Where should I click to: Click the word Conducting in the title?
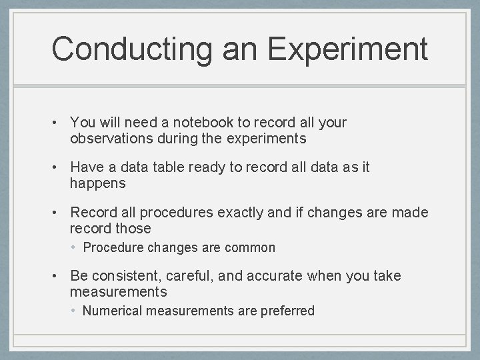coord(131,49)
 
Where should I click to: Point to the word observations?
coord(111,139)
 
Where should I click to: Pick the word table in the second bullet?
coord(169,167)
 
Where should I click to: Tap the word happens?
coord(97,183)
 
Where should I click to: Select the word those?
coord(133,229)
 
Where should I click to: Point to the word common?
coord(250,248)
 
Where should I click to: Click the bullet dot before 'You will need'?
coord(59,123)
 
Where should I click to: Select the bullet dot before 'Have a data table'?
coord(59,167)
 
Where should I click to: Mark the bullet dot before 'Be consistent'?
coord(59,276)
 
